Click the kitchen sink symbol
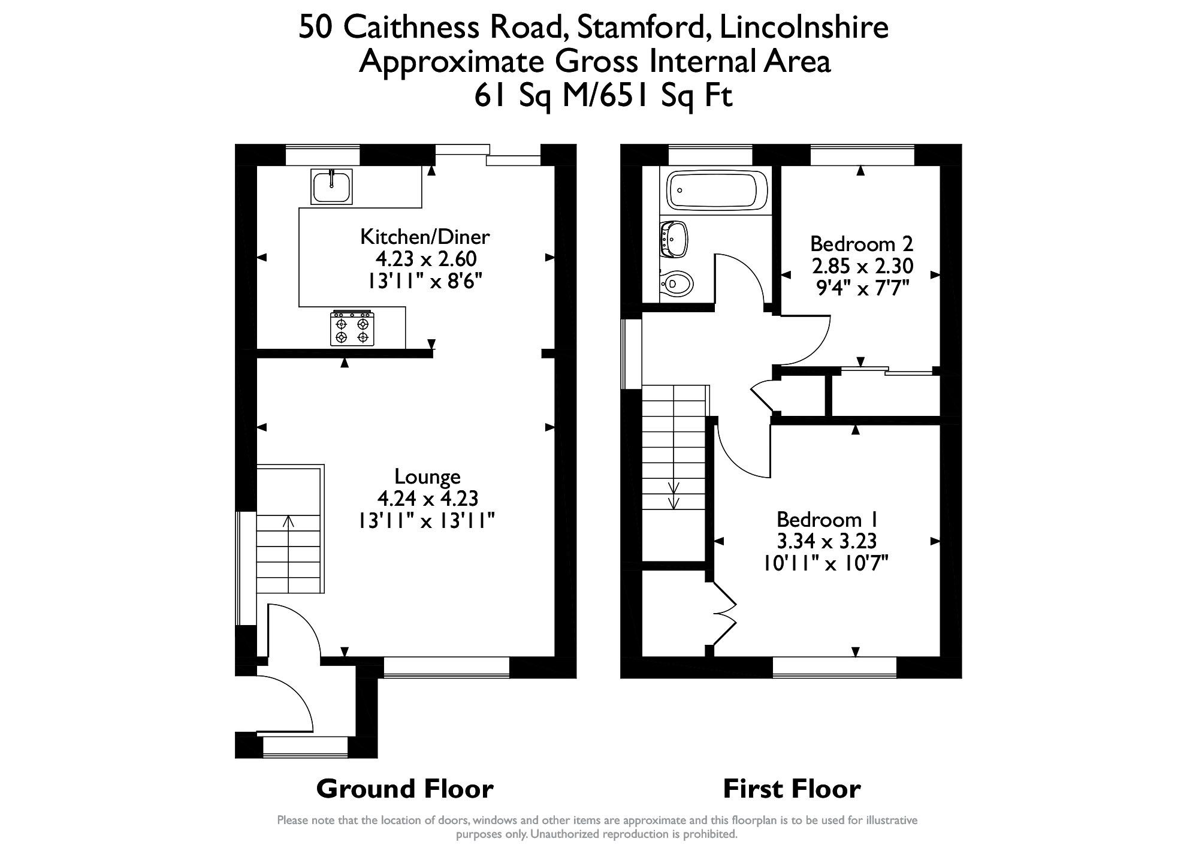[x=331, y=186]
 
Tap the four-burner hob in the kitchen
[x=352, y=329]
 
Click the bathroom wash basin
[x=674, y=239]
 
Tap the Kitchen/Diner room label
[x=425, y=237]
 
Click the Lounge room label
[x=427, y=476]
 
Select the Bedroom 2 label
[x=861, y=244]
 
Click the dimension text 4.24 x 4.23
[x=427, y=499]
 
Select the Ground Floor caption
[x=404, y=789]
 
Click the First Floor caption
[x=792, y=789]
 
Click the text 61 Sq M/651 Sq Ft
[x=603, y=95]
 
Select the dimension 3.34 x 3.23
[x=826, y=541]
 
